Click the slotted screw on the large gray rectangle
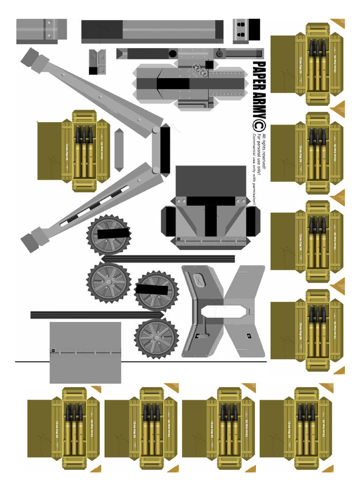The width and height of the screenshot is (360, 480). pyautogui.click(x=53, y=351)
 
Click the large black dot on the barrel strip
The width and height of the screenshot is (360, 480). pyautogui.click(x=172, y=53)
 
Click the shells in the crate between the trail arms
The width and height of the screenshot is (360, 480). pyautogui.click(x=84, y=150)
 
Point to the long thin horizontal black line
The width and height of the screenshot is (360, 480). pyautogui.click(x=141, y=361)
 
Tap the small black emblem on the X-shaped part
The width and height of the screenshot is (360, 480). pyautogui.click(x=248, y=335)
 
